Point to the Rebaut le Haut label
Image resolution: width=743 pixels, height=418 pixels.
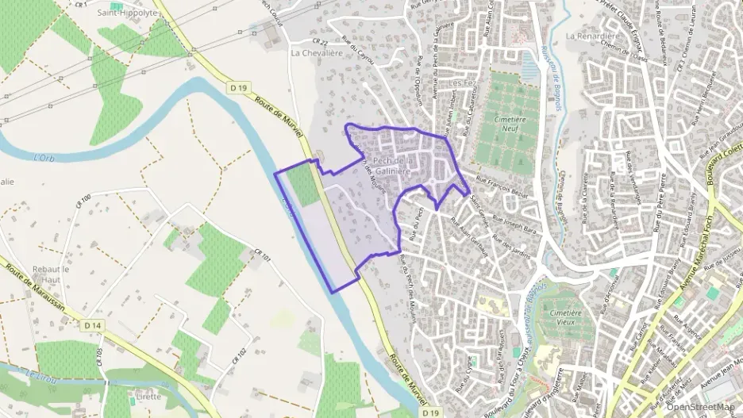(52, 274)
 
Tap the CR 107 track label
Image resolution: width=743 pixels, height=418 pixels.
(262, 257)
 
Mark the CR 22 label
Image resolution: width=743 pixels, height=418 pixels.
(320, 41)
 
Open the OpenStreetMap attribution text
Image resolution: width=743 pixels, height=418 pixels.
(699, 407)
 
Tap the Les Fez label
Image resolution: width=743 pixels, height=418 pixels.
(460, 82)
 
